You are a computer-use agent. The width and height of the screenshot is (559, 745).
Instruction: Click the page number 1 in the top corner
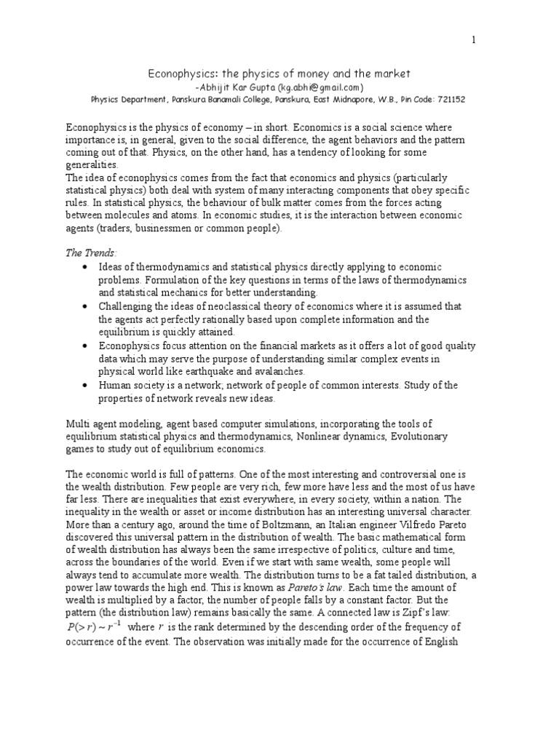[474, 40]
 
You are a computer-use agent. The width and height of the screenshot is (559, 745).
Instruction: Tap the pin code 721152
[451, 99]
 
